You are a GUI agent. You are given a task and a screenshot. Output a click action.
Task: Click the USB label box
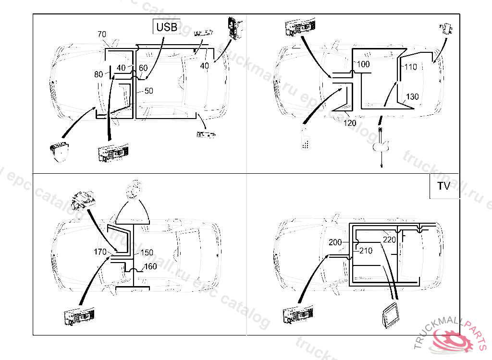167,27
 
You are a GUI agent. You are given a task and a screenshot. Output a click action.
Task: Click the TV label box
443,186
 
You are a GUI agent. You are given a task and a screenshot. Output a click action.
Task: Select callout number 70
102,35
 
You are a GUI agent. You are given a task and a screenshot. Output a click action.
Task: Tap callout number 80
98,74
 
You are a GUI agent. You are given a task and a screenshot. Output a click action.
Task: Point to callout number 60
143,68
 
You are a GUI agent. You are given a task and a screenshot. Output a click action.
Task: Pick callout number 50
148,91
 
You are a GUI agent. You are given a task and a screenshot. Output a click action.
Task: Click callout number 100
363,64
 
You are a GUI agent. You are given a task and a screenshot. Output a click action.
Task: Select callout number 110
410,67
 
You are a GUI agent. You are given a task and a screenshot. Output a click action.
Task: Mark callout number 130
412,96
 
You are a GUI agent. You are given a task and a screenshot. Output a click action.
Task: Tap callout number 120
350,123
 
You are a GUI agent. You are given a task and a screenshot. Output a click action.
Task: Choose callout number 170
100,252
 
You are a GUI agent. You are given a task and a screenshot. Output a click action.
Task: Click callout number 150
147,252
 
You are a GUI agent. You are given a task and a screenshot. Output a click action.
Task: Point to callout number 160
150,266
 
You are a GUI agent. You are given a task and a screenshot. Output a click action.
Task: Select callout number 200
335,242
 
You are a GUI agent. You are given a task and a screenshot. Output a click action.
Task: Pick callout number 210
366,250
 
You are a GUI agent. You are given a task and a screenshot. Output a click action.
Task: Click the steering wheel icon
135,190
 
